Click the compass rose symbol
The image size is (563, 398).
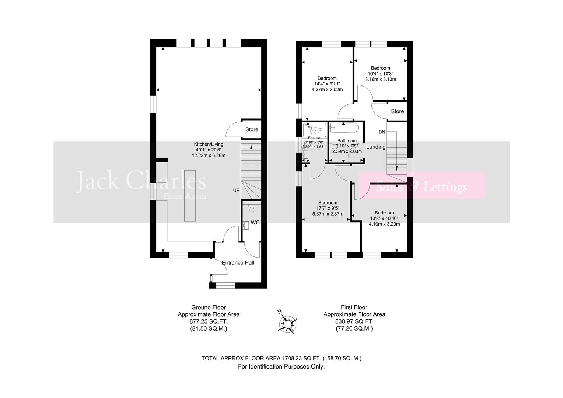click(287, 323)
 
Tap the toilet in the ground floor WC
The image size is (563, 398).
click(252, 209)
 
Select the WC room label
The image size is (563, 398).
click(255, 223)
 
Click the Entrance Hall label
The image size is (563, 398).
click(238, 262)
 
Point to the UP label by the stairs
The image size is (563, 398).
click(236, 191)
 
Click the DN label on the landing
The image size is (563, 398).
click(382, 132)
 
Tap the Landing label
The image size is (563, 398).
click(376, 147)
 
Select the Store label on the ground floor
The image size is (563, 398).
click(252, 129)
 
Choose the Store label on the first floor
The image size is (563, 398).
click(397, 111)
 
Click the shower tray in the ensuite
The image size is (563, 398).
click(314, 130)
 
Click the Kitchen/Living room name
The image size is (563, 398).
click(209, 144)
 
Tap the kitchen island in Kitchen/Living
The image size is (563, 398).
click(190, 195)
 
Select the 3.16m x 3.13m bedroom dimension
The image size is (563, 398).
click(380, 79)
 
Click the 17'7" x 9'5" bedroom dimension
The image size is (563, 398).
click(328, 208)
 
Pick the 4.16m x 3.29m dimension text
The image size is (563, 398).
click(384, 224)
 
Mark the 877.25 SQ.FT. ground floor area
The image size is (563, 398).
click(209, 321)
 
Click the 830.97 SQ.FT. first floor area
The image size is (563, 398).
click(354, 321)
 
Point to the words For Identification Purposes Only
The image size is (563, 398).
click(281, 367)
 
